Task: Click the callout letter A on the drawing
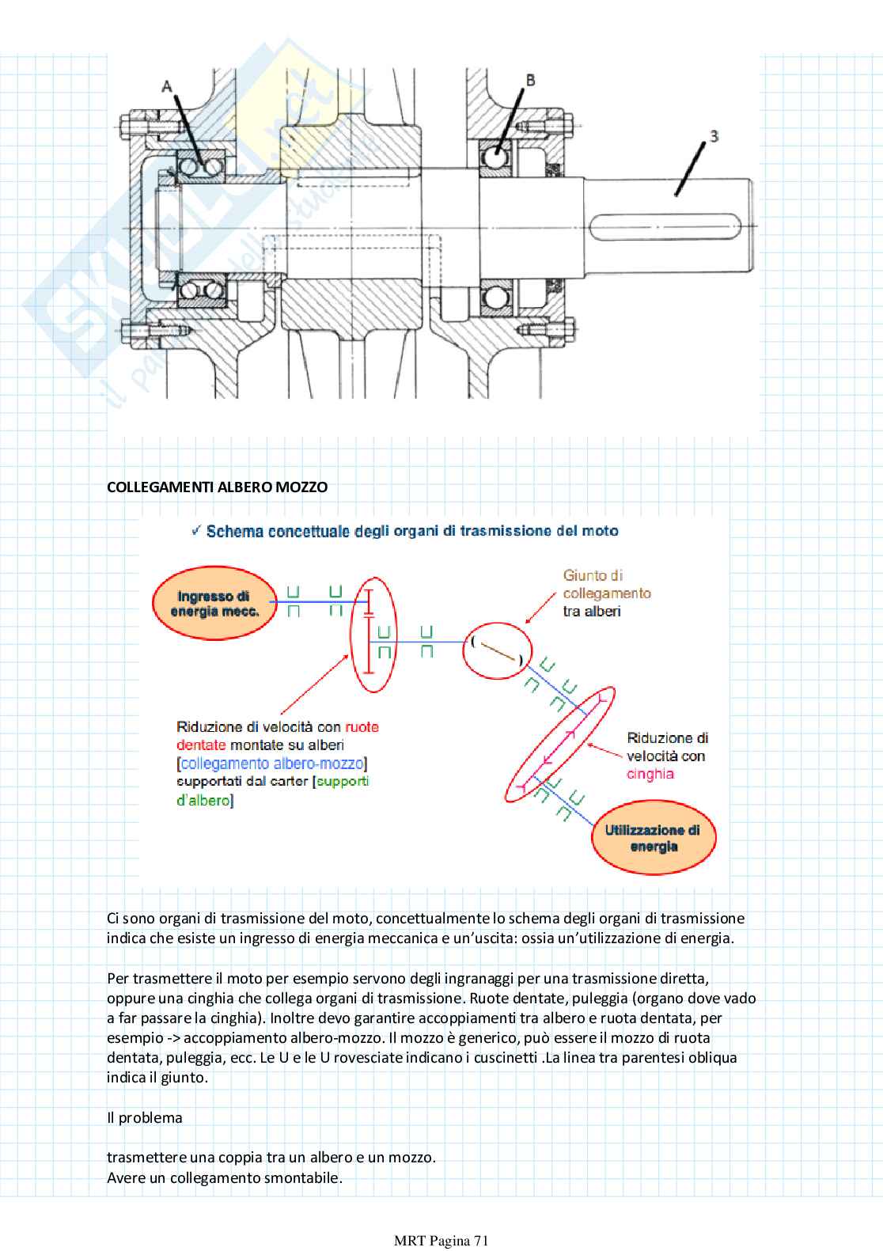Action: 166,85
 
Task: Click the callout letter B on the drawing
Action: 530,80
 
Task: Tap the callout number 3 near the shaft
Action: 713,136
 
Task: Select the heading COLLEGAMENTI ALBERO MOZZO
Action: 217,487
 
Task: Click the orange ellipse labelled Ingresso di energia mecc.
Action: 214,604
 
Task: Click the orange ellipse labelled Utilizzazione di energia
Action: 653,838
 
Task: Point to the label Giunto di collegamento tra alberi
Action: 606,593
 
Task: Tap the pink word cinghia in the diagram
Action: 650,774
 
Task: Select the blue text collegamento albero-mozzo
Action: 272,764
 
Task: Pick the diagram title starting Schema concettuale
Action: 411,531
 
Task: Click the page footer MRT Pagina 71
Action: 441,1241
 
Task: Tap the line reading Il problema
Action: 145,1117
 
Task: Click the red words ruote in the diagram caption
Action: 362,726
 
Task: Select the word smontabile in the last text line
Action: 302,1177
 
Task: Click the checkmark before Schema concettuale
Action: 196,530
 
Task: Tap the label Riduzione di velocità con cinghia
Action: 666,756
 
